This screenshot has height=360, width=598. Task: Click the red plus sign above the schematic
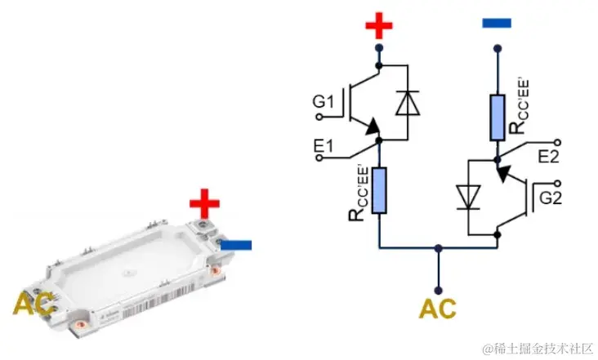click(x=379, y=25)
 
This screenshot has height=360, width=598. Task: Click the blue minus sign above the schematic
click(x=497, y=23)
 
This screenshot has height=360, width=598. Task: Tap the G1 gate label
click(x=323, y=102)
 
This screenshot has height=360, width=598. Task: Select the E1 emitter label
click(x=323, y=146)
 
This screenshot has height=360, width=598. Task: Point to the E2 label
click(x=548, y=156)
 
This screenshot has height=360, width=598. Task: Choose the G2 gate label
click(x=551, y=198)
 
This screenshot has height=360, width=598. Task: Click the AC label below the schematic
click(x=437, y=309)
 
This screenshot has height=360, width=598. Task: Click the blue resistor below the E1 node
click(x=379, y=190)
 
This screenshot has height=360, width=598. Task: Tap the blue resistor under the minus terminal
click(x=498, y=118)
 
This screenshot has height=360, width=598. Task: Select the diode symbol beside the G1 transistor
click(x=408, y=103)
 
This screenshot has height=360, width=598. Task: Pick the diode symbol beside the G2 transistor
click(x=468, y=197)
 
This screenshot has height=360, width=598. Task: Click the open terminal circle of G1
click(x=319, y=117)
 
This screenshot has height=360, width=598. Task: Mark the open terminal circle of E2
click(x=557, y=143)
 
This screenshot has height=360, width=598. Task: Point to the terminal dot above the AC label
click(x=438, y=291)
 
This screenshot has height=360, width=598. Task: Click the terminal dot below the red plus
click(x=379, y=48)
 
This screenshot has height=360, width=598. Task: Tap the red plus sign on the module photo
click(x=204, y=203)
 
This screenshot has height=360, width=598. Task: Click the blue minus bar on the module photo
click(x=236, y=245)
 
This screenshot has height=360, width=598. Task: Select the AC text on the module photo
click(x=33, y=304)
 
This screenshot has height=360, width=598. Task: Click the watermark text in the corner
click(x=538, y=349)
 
